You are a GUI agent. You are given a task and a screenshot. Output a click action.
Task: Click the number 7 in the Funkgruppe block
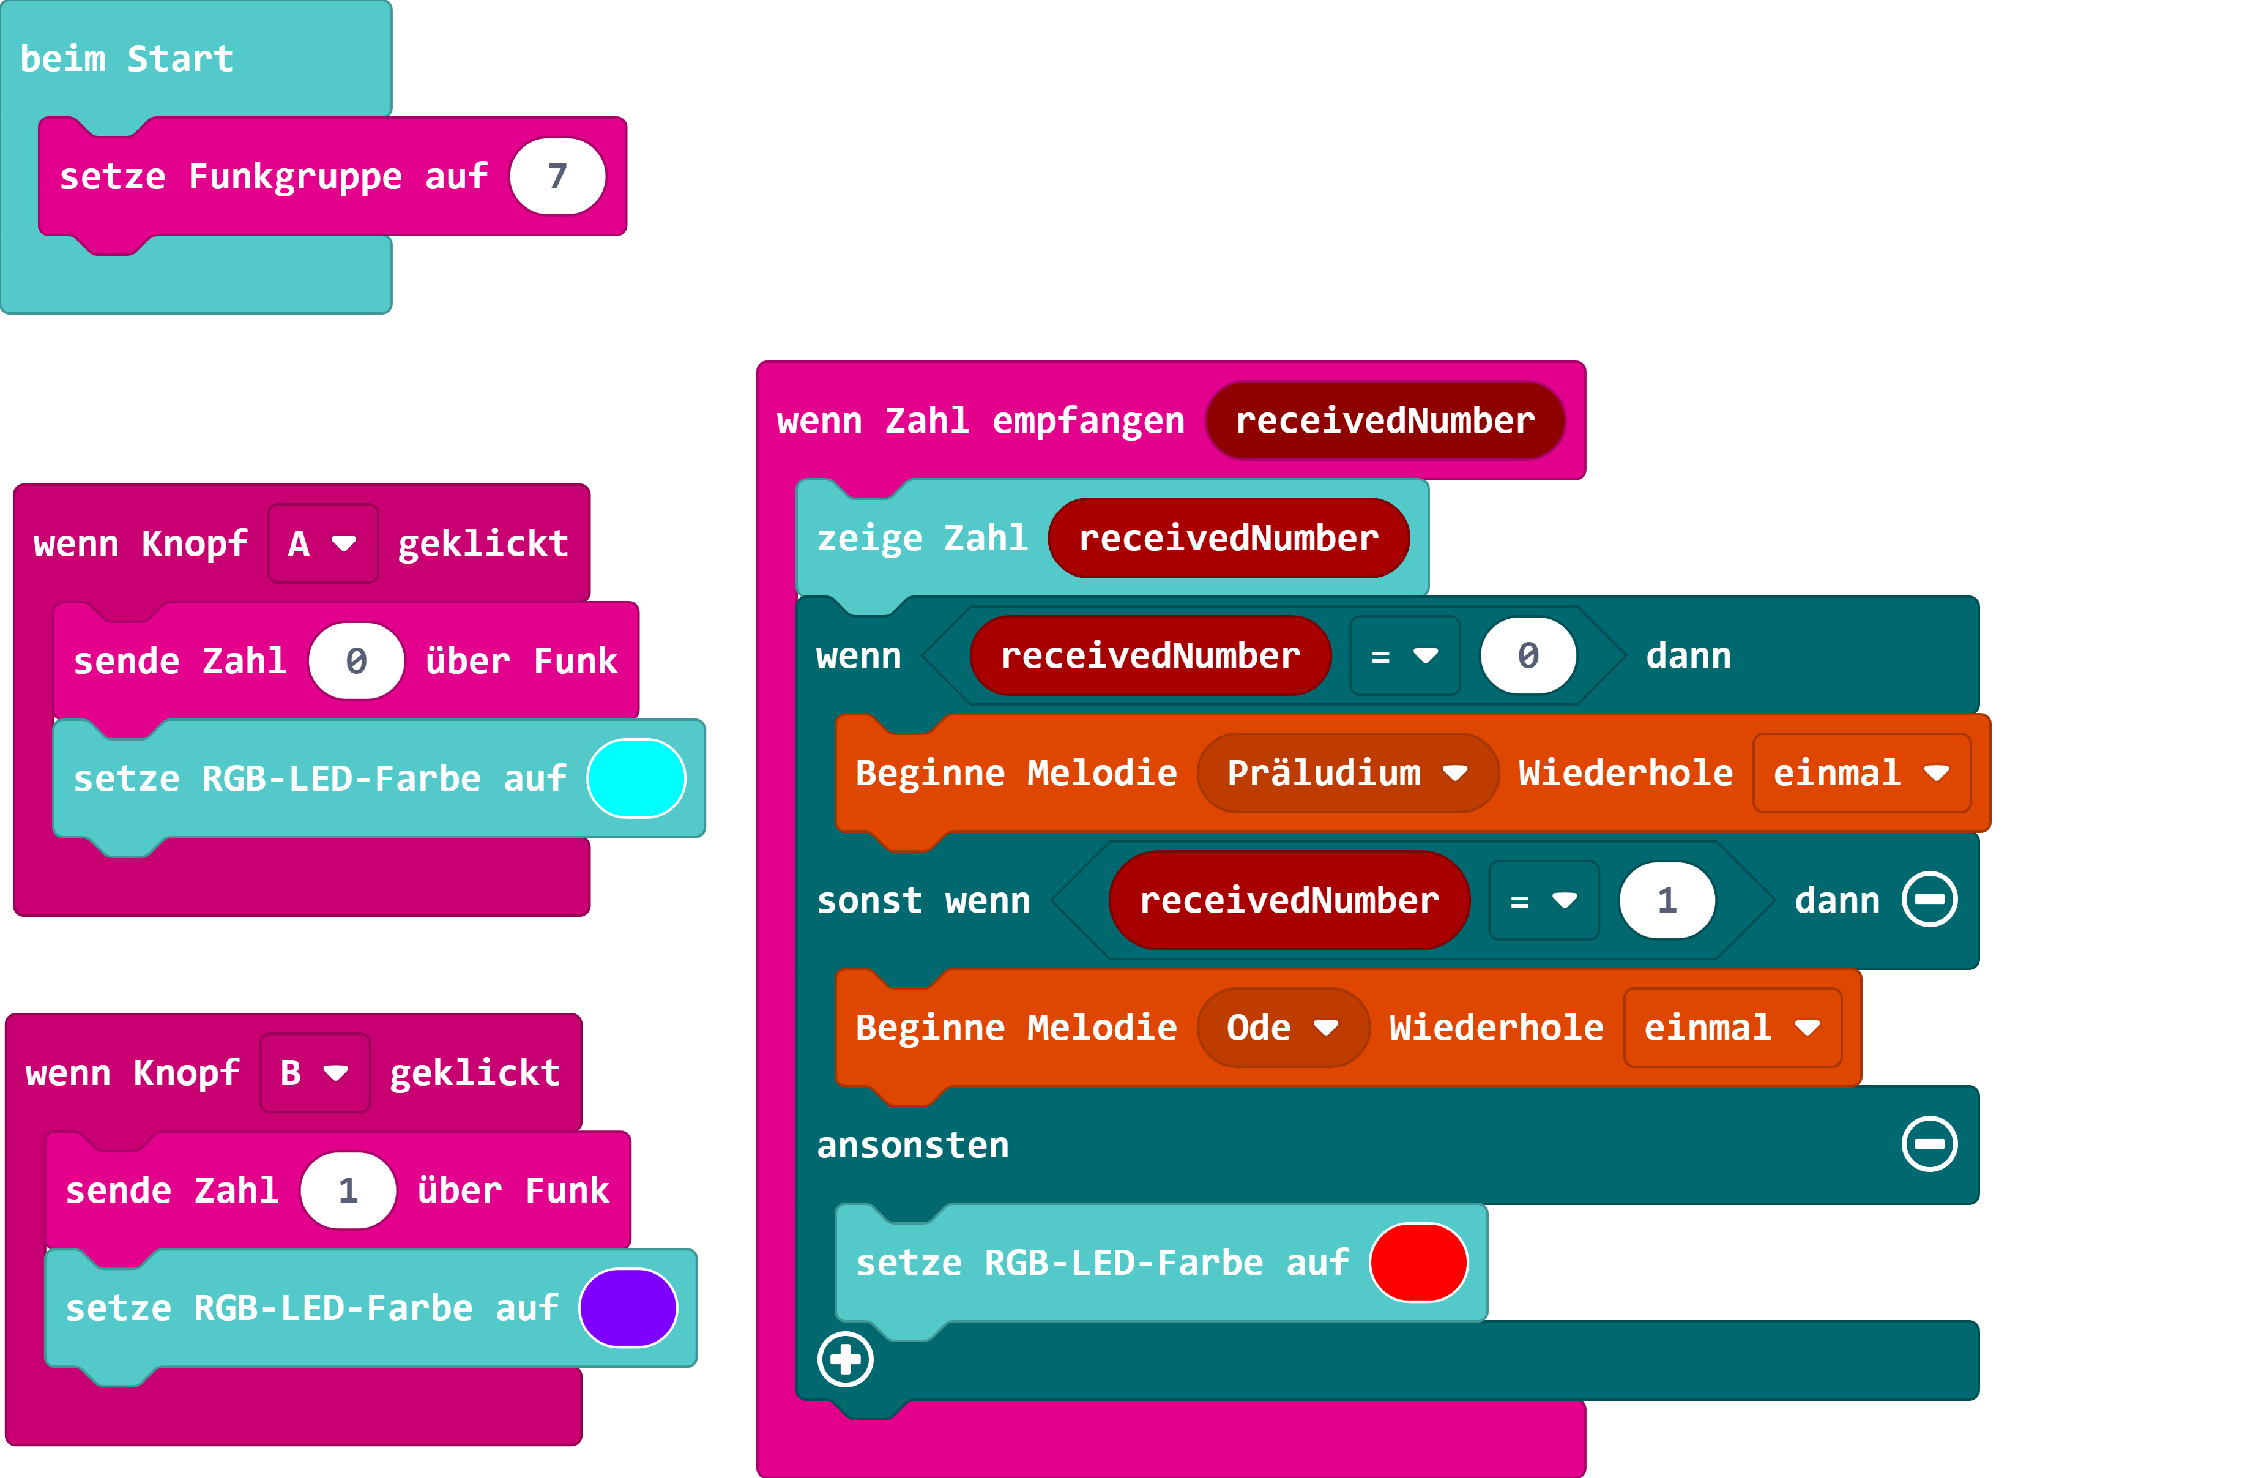(557, 176)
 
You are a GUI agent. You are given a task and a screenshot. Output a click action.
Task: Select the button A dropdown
(322, 543)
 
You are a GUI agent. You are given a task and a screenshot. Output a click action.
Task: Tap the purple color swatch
(628, 1307)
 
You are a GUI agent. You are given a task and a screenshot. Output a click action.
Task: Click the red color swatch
(1418, 1262)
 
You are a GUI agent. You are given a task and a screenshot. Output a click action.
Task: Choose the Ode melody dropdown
(1282, 1027)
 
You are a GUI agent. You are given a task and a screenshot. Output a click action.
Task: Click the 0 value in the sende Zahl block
(357, 661)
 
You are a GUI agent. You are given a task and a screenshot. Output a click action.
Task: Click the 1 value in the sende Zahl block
(348, 1190)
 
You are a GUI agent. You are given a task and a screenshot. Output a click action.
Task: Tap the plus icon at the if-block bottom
(845, 1359)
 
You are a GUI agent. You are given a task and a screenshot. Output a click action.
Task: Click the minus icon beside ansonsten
(1929, 1144)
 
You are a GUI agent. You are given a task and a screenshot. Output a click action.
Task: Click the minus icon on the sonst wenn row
(1929, 900)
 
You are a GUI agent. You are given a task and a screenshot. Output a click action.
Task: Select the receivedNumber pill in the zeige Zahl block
(1228, 537)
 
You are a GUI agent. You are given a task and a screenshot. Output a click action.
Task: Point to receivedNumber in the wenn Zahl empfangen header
(1385, 420)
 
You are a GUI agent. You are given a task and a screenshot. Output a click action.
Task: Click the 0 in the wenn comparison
(1528, 655)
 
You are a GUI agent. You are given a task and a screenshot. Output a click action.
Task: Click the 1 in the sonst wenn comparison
(1667, 900)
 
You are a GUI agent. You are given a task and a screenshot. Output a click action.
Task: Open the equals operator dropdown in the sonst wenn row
(1543, 900)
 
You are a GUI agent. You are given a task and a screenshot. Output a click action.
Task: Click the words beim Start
(127, 59)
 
